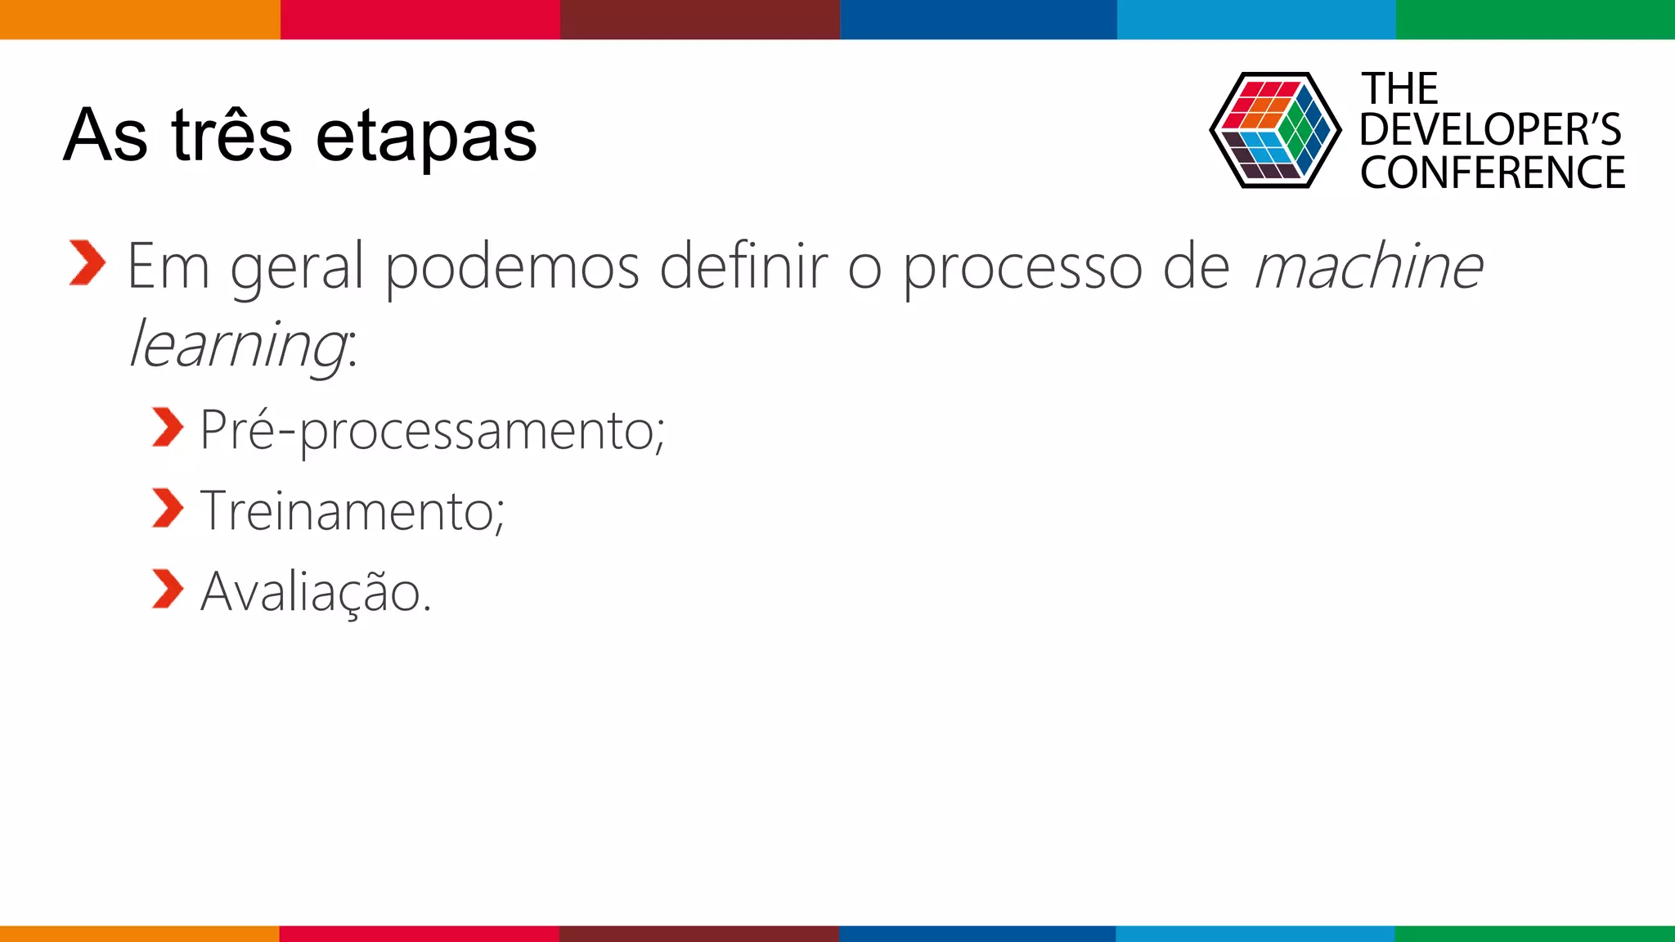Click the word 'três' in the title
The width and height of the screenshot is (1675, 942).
point(231,135)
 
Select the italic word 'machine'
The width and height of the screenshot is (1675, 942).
point(1368,267)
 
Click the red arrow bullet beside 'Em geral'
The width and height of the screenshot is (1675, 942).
point(88,263)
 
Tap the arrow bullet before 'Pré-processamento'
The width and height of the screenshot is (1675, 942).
point(168,428)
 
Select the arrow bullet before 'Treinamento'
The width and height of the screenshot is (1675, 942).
point(168,509)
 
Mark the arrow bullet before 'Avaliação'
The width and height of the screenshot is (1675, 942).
point(168,590)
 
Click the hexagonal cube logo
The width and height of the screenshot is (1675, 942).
point(1275,130)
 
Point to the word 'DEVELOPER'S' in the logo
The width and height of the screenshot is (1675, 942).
point(1490,130)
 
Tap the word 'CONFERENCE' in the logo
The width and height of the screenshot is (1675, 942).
point(1493,173)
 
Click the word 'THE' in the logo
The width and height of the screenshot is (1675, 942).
point(1399,88)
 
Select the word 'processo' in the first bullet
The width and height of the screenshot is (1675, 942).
point(1022,267)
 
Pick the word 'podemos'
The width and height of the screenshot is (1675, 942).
point(512,267)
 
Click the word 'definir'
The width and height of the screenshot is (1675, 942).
point(744,267)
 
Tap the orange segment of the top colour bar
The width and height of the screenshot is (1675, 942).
point(140,19)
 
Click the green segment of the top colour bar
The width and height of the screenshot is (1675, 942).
point(1535,19)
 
